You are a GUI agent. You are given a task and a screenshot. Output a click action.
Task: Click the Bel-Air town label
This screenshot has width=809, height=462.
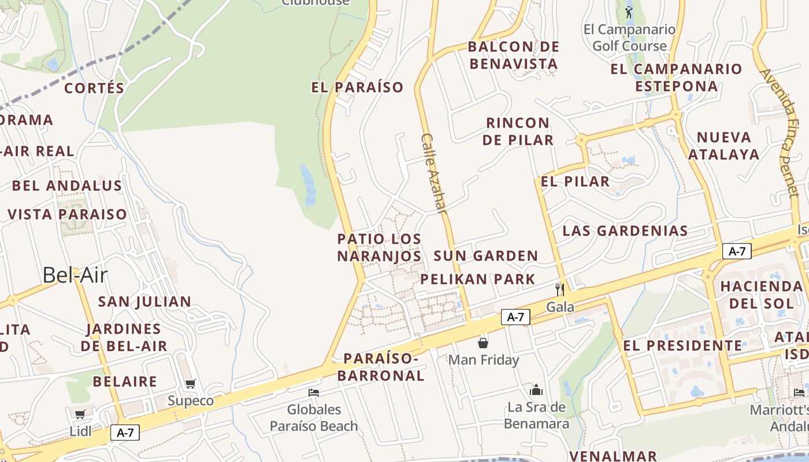pos(75,275)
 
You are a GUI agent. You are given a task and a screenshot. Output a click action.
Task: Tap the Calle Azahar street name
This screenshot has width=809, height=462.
pos(434,174)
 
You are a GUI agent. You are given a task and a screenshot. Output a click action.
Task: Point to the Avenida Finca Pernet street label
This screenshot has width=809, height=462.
pos(781,132)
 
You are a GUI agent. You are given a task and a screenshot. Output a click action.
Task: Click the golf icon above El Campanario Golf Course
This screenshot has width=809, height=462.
pos(629,12)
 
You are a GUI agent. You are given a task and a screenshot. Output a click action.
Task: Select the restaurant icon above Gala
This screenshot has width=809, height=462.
pos(559,289)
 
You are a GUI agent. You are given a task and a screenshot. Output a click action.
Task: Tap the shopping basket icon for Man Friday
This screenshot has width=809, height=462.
pos(483,343)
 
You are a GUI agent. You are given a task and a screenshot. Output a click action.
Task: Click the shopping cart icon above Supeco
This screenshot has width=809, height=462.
pos(191,384)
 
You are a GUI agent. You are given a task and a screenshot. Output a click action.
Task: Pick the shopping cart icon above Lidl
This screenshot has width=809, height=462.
pos(80,414)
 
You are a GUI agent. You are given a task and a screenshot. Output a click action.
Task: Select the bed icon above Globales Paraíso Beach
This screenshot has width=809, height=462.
pos(314,393)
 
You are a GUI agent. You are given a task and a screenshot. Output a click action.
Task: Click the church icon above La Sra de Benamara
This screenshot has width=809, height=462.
pos(536,390)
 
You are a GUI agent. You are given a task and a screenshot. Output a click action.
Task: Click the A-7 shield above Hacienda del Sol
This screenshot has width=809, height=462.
pos(737,251)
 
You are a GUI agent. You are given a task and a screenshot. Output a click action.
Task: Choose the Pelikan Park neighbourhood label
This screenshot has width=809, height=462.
pos(478,280)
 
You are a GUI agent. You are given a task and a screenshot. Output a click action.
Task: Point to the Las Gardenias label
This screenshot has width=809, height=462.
pos(625,231)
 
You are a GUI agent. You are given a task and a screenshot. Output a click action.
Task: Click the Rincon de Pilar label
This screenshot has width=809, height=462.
pos(518,131)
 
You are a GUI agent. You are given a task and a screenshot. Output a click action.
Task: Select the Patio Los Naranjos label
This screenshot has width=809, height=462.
pos(379,247)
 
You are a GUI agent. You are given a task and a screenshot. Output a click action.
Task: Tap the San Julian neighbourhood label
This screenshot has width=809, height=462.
pos(144,301)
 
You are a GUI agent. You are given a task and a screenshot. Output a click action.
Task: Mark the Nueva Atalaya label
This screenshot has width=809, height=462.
pos(723,146)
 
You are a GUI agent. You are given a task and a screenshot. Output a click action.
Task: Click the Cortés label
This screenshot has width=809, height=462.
pos(94,88)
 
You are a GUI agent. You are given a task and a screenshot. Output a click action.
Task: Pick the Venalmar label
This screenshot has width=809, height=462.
pos(613,456)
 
